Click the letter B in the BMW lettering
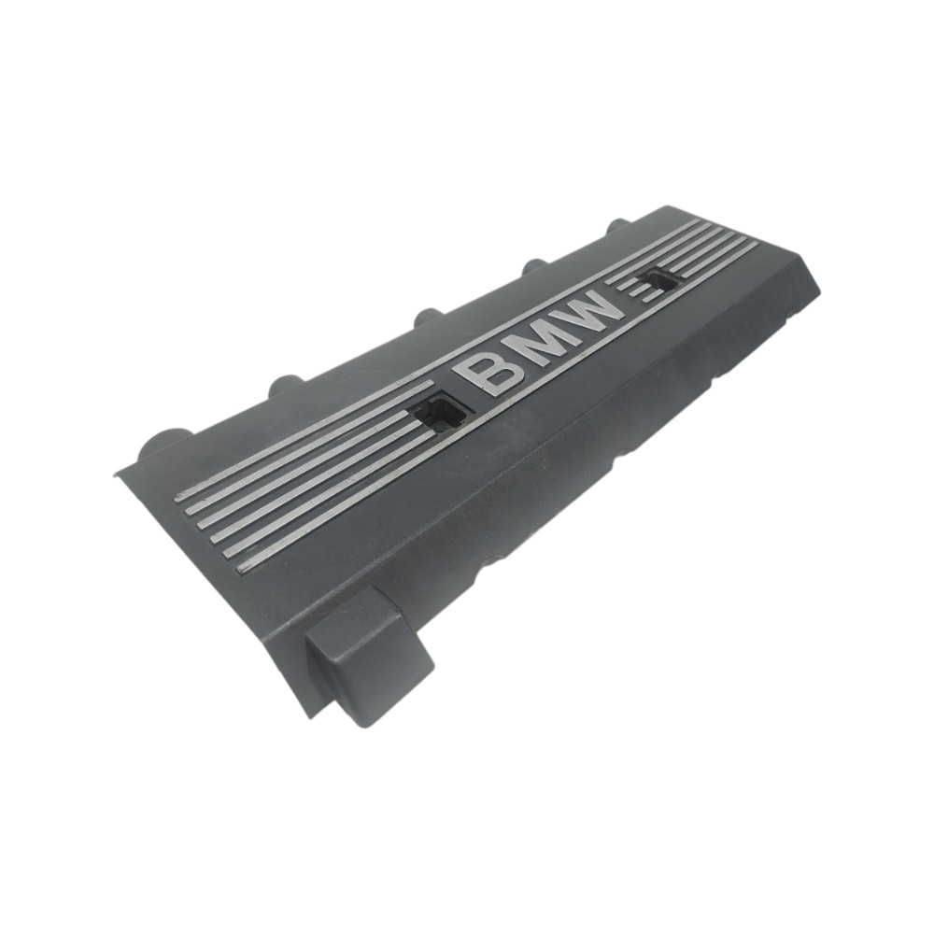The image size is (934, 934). coord(491,373)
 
